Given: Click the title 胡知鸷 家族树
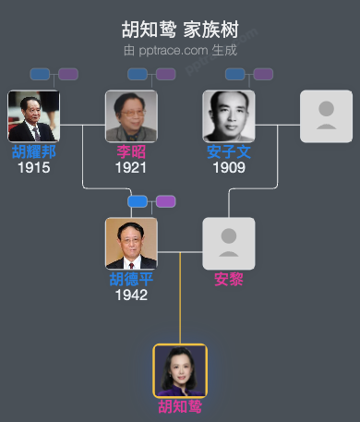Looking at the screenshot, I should (x=179, y=30).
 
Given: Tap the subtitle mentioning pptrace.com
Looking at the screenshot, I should (x=179, y=49).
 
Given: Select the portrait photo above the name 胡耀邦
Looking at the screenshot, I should (x=33, y=116).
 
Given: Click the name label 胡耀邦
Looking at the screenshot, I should (x=33, y=152).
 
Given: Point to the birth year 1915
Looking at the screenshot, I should (x=33, y=168).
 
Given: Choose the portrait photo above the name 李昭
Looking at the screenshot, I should (x=131, y=116).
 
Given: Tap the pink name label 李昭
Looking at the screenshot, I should (x=131, y=152).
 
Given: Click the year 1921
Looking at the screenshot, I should (x=131, y=168).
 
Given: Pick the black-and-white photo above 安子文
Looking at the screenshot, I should (x=229, y=116).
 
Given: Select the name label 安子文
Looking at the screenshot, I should (x=229, y=152).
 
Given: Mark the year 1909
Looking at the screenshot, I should (x=229, y=168).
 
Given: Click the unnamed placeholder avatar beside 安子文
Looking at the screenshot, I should (x=326, y=116).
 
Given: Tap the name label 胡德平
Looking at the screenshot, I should (x=131, y=280).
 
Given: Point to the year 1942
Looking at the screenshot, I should (x=131, y=295).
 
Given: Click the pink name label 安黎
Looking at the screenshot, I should (x=229, y=280).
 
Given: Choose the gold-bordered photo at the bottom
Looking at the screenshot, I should (x=180, y=370).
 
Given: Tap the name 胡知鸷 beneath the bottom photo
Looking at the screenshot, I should (x=180, y=407).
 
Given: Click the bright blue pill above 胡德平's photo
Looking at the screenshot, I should (x=138, y=201).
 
